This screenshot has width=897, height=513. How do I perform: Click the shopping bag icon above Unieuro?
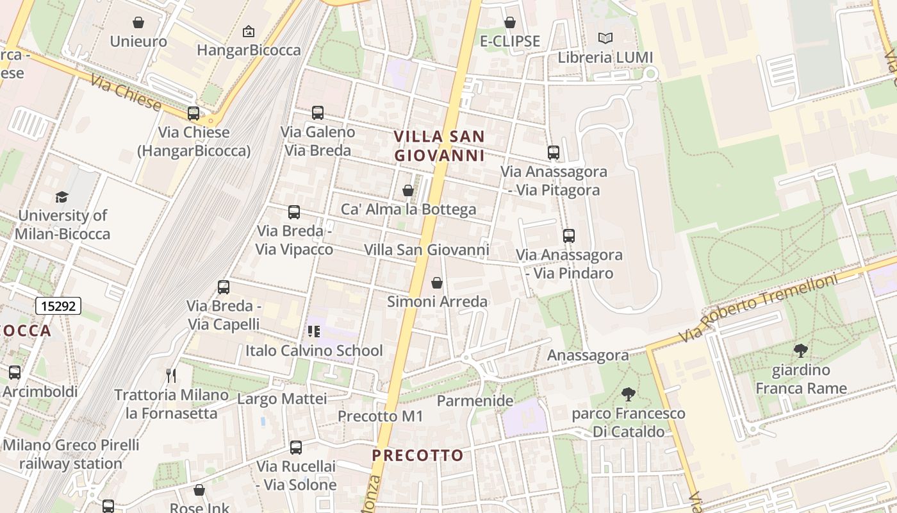tap(138, 23)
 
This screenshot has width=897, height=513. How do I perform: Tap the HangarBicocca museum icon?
tap(249, 31)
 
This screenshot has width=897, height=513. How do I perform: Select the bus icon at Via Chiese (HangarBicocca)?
tap(193, 114)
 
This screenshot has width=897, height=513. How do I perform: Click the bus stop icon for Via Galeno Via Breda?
tap(318, 113)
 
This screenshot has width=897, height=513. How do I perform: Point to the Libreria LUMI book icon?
tap(605, 38)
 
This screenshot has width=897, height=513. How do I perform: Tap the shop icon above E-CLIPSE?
tap(510, 23)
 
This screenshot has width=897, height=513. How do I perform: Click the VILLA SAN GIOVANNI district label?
tap(440, 146)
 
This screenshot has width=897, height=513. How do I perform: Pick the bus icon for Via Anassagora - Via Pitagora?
tap(554, 153)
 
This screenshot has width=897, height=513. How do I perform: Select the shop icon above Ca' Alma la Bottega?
tap(408, 190)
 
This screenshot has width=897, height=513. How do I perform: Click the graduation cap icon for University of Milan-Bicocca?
tap(62, 196)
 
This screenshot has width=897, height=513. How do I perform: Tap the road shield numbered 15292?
tap(58, 306)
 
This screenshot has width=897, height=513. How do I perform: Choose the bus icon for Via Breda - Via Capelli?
tap(224, 287)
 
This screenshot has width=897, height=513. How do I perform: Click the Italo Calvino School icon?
tap(314, 332)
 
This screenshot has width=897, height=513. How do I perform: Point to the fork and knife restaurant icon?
tap(170, 375)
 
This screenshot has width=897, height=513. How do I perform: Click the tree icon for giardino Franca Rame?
tap(800, 351)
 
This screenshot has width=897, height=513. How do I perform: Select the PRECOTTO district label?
tap(418, 456)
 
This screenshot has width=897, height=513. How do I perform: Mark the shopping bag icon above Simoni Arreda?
tap(437, 283)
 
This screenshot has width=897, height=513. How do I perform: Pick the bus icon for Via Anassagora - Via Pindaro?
tap(569, 236)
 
